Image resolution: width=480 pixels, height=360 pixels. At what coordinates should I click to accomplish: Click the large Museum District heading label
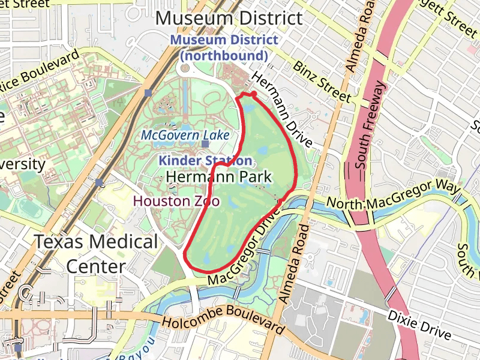229,18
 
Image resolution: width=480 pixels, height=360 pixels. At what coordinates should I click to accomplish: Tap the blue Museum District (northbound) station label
223,48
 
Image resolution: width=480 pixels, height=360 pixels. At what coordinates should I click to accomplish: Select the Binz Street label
322,80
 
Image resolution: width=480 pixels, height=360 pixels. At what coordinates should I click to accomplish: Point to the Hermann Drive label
281,110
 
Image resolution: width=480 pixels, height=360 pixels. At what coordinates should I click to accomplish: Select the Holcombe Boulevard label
223,319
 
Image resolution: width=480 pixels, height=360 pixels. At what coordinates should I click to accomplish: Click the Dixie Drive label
418,323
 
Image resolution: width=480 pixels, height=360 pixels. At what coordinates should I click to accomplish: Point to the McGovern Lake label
185,136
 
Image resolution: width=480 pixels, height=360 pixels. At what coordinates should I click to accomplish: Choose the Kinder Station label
205,161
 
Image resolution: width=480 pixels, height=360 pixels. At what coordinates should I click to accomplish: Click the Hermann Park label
218,177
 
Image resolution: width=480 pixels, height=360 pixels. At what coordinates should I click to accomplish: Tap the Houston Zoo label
176,201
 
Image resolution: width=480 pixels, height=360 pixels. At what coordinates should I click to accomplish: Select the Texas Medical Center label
96,253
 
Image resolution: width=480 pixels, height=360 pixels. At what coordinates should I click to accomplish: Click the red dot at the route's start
254,94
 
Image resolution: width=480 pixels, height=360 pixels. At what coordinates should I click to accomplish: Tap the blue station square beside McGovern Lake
205,144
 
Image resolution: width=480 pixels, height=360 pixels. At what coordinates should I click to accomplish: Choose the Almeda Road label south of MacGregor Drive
292,264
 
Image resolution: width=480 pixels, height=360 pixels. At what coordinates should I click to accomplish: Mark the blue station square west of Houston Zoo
99,182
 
